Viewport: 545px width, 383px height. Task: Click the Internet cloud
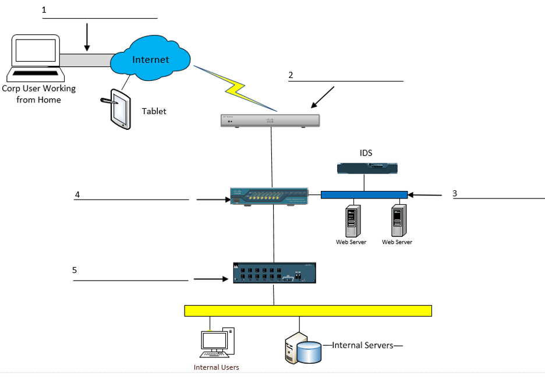tap(150, 59)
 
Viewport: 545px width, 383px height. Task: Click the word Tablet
tap(154, 111)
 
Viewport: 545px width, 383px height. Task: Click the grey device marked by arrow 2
tap(270, 120)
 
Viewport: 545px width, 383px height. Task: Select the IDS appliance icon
tap(367, 169)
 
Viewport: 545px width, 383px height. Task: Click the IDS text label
tap(365, 153)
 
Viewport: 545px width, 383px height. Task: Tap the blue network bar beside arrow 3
tap(364, 194)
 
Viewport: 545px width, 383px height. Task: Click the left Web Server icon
tap(351, 219)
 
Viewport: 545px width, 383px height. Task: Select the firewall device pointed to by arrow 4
tap(269, 196)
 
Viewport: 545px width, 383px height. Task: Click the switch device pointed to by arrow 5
tap(274, 272)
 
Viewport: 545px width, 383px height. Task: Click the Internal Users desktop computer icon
tap(215, 343)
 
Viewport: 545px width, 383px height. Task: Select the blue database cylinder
tap(308, 351)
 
